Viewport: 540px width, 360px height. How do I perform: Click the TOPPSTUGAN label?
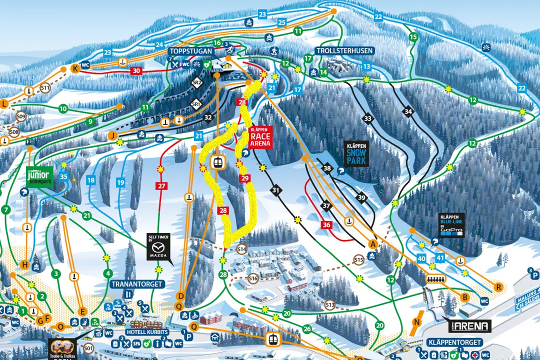click(191, 51)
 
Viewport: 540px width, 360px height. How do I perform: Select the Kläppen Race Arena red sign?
click(260, 136)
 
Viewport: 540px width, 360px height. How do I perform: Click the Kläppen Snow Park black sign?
click(357, 153)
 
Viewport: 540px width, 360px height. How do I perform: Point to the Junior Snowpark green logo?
click(39, 175)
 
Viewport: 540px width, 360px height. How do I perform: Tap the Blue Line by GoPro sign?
click(451, 225)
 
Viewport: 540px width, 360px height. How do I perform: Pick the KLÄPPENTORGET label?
click(454, 342)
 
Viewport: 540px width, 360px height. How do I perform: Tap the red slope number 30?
click(136, 71)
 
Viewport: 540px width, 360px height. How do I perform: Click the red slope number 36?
click(327, 225)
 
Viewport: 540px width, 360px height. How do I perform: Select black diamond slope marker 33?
click(368, 118)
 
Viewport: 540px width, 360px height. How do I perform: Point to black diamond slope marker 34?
click(408, 111)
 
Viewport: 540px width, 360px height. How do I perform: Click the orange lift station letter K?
click(75, 69)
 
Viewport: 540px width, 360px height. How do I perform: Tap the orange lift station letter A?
click(372, 244)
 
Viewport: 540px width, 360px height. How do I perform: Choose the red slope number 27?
click(161, 186)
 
